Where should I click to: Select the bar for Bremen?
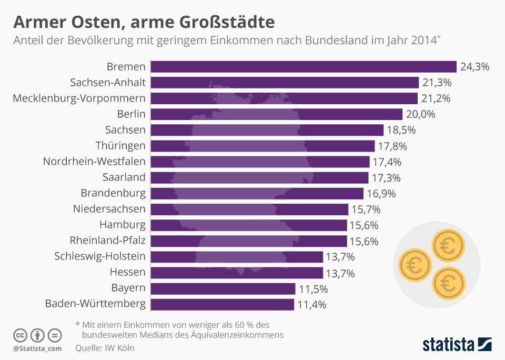(x=303, y=66)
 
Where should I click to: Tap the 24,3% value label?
(x=474, y=67)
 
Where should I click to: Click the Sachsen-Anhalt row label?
(x=107, y=83)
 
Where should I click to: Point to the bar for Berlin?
(x=276, y=114)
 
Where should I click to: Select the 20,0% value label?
(x=421, y=114)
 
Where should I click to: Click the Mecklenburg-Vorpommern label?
(x=79, y=98)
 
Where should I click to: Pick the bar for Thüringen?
(x=262, y=146)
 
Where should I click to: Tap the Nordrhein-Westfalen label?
(x=94, y=162)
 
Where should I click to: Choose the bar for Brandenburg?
(x=257, y=193)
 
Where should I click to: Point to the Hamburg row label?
(x=123, y=225)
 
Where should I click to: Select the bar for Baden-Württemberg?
(x=222, y=304)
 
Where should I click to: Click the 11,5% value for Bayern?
(x=313, y=289)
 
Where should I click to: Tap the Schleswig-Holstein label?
(x=100, y=256)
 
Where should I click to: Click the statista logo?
(x=457, y=345)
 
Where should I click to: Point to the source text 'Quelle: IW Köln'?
(x=105, y=348)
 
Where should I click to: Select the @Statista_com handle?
(x=37, y=348)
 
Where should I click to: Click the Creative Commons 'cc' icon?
(x=20, y=335)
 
